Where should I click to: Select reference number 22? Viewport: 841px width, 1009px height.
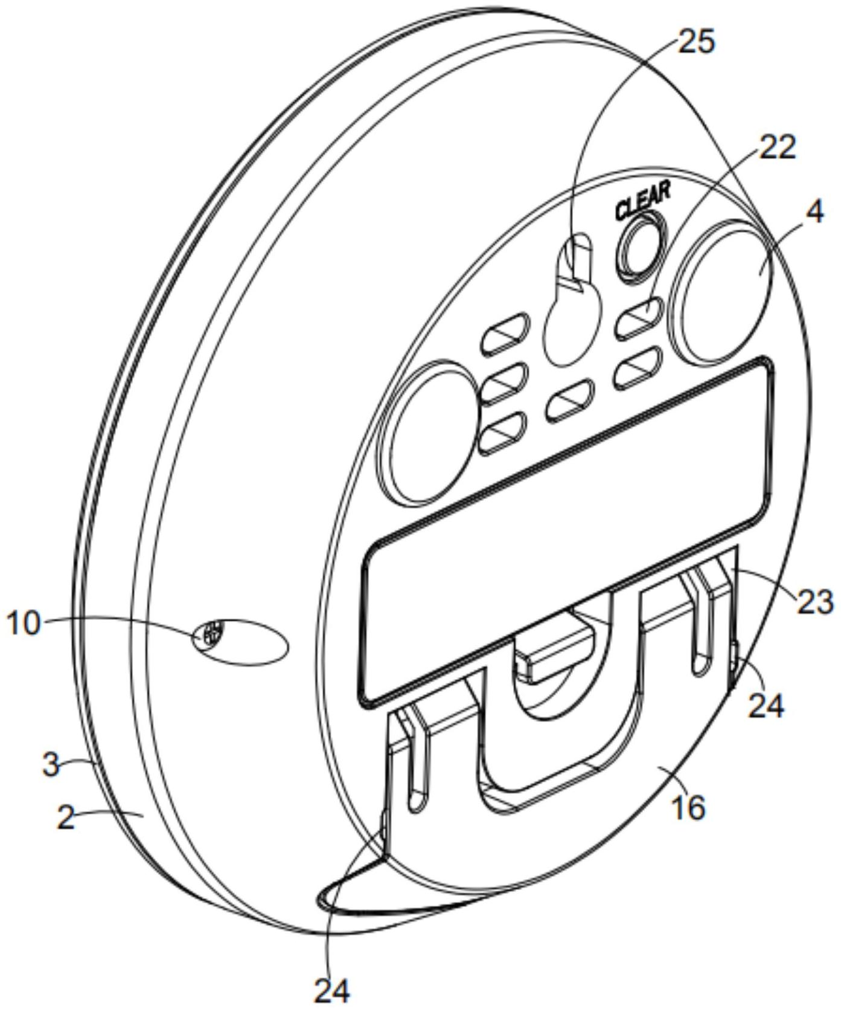pos(777,147)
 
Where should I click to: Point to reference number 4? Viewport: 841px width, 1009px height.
pos(814,213)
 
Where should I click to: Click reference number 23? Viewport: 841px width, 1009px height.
pos(815,602)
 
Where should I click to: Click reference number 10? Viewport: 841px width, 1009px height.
pos(24,623)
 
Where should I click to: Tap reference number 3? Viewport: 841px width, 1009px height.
pos(51,764)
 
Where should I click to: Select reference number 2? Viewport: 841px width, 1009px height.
pos(66,819)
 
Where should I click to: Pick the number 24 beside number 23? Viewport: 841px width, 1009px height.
pos(766,705)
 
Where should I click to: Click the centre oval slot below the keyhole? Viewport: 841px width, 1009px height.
pos(570,399)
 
